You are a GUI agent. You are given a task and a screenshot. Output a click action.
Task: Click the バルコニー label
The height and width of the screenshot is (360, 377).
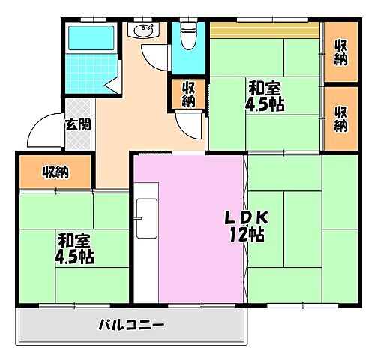pos(131,325)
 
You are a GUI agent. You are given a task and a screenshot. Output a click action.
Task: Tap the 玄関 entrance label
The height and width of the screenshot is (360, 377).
pos(77,124)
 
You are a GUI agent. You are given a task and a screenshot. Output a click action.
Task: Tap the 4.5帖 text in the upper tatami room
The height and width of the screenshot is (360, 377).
pos(265,103)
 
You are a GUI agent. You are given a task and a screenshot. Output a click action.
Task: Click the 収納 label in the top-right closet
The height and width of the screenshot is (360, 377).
pos(341,53)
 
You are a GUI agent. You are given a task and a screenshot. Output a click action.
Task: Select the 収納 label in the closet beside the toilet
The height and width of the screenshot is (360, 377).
pos(188,93)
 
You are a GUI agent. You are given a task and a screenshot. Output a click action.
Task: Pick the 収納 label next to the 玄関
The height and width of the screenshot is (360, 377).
pos(55,173)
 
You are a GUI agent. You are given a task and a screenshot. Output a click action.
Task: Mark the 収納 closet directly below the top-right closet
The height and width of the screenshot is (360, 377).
pos(341,118)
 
